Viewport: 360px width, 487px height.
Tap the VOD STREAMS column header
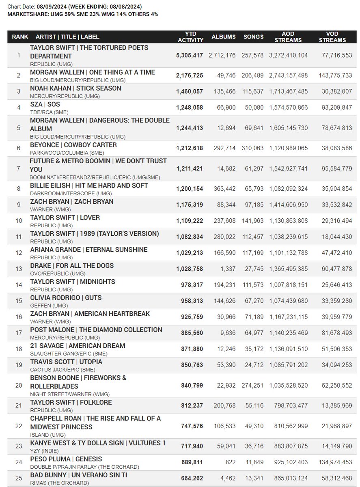pos(332,37)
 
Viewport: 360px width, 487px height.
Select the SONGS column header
pos(254,37)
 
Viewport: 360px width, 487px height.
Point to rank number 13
pos(19,269)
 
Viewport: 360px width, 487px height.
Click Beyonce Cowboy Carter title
pos(73,145)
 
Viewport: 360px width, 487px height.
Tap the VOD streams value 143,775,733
pos(332,75)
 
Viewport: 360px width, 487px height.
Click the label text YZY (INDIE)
pos(44,450)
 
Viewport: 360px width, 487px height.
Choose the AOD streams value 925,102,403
pos(288,462)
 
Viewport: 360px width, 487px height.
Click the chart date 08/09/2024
pos(52,7)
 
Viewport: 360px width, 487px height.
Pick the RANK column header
pos(20,37)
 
